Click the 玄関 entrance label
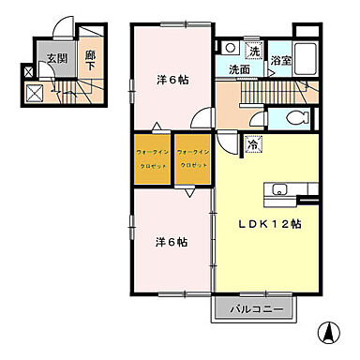(x=56, y=59)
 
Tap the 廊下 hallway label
(x=91, y=60)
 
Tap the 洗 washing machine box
(x=252, y=49)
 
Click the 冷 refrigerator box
(x=252, y=144)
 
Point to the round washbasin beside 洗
(x=230, y=46)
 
